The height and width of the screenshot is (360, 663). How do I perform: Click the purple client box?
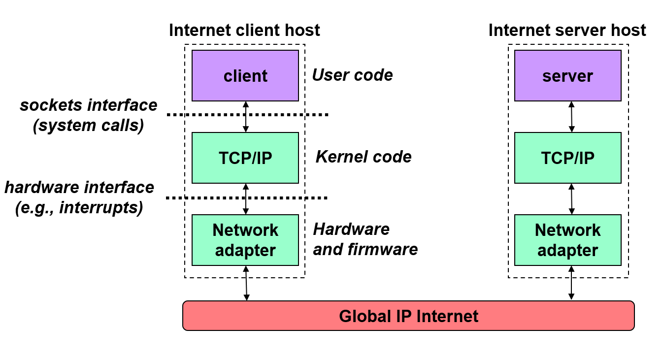[245, 75]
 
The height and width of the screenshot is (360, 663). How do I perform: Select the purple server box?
[567, 75]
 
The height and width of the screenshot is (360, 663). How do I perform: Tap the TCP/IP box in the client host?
[245, 158]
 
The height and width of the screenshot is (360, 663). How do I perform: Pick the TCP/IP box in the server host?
[567, 158]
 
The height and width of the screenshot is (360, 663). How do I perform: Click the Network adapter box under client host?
[245, 240]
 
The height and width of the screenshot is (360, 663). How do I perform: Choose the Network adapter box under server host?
[567, 240]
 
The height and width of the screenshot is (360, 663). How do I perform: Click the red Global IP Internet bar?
[408, 316]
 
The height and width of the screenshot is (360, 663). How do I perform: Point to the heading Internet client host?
[244, 31]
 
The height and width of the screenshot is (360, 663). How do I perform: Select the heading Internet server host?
[567, 31]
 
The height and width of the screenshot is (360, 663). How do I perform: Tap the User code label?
[353, 75]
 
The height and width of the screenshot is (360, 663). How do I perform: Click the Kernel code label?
[364, 157]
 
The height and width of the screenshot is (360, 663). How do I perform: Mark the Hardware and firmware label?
[365, 239]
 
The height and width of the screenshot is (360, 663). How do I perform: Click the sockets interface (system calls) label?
[89, 115]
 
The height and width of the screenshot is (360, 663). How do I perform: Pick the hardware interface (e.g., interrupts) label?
[79, 197]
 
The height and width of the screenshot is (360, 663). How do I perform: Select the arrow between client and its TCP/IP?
[246, 117]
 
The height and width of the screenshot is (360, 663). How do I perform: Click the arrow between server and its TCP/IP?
[571, 117]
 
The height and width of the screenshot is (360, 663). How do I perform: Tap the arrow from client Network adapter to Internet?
[246, 283]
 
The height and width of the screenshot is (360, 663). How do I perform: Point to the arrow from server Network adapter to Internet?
[571, 283]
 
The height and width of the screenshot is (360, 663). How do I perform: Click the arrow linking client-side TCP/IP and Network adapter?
[246, 199]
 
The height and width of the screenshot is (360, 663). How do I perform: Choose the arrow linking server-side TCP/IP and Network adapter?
[571, 199]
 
